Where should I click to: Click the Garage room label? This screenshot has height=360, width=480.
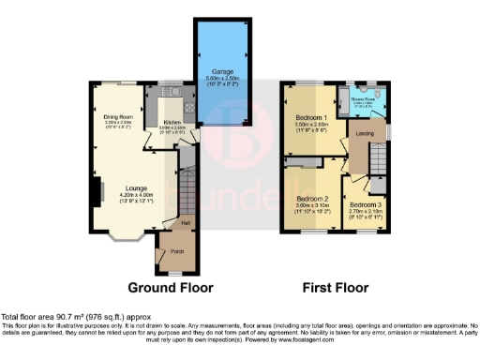222,70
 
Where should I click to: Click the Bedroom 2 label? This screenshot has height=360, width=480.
312,200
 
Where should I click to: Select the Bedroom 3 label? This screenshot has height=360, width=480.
366,204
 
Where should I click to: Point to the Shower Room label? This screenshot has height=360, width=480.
364,98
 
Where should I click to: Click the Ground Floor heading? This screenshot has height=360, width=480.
171,288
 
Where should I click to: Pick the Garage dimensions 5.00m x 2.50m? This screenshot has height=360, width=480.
222,77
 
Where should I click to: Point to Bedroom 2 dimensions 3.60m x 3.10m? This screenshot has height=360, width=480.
312,207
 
